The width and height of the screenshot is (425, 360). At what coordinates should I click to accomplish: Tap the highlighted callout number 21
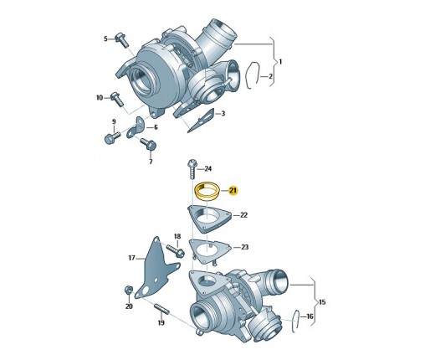233,191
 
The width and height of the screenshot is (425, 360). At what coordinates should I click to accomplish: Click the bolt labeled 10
117,99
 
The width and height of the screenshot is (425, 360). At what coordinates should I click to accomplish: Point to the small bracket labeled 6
136,129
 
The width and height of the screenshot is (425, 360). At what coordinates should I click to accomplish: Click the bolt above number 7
149,144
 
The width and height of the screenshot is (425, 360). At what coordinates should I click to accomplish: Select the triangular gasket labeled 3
202,121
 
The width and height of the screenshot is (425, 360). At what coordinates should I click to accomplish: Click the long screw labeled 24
192,169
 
